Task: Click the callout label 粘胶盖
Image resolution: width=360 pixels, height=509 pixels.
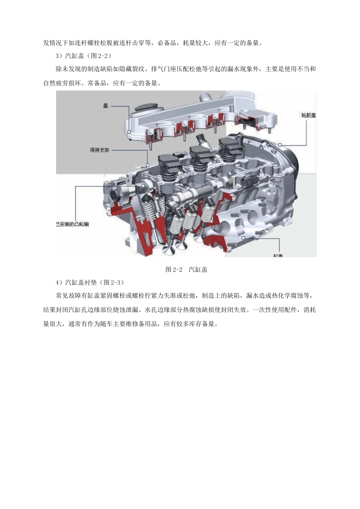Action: pos(308,115)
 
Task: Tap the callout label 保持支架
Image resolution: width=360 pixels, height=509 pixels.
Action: pos(99,150)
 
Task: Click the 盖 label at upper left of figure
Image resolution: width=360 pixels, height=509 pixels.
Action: pos(106,106)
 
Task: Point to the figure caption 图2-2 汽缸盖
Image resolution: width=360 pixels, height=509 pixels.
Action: pos(186,270)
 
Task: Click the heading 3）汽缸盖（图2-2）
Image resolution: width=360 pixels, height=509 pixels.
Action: pos(83,56)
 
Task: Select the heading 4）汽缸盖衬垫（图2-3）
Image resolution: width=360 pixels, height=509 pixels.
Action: pos(90,283)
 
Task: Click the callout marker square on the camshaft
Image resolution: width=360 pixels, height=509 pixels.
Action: pos(143,186)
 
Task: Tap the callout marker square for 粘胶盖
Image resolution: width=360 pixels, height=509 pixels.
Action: pos(280,145)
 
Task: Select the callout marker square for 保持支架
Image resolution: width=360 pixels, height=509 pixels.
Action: pos(147,165)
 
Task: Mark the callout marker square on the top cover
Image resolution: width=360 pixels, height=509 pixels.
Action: pos(129,132)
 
